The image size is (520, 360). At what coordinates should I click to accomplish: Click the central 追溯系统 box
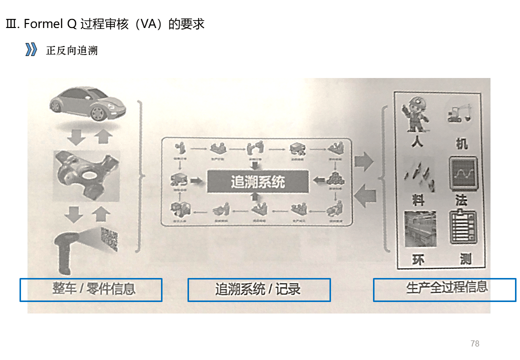click(x=257, y=181)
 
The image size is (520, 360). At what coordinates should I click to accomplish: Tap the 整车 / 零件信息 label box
click(x=91, y=290)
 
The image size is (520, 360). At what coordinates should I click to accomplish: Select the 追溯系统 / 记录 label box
click(x=259, y=290)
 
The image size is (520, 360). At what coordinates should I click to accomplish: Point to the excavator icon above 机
click(x=460, y=114)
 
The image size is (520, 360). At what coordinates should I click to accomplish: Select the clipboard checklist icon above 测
click(x=463, y=227)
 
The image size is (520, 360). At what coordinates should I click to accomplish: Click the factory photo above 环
click(x=420, y=229)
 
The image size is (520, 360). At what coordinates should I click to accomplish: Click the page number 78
click(x=475, y=343)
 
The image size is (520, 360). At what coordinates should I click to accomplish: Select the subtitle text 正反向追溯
click(x=71, y=50)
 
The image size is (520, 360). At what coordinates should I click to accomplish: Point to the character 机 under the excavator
click(x=462, y=144)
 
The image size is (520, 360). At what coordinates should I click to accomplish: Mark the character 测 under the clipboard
click(x=465, y=258)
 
